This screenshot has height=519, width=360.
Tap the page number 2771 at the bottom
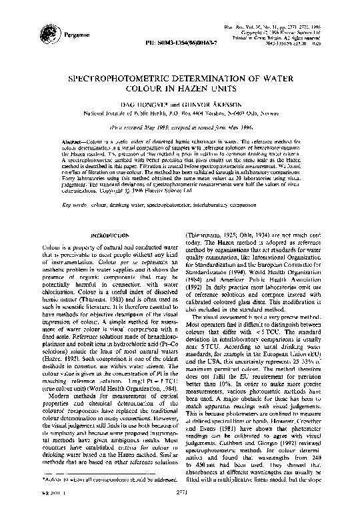181,507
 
